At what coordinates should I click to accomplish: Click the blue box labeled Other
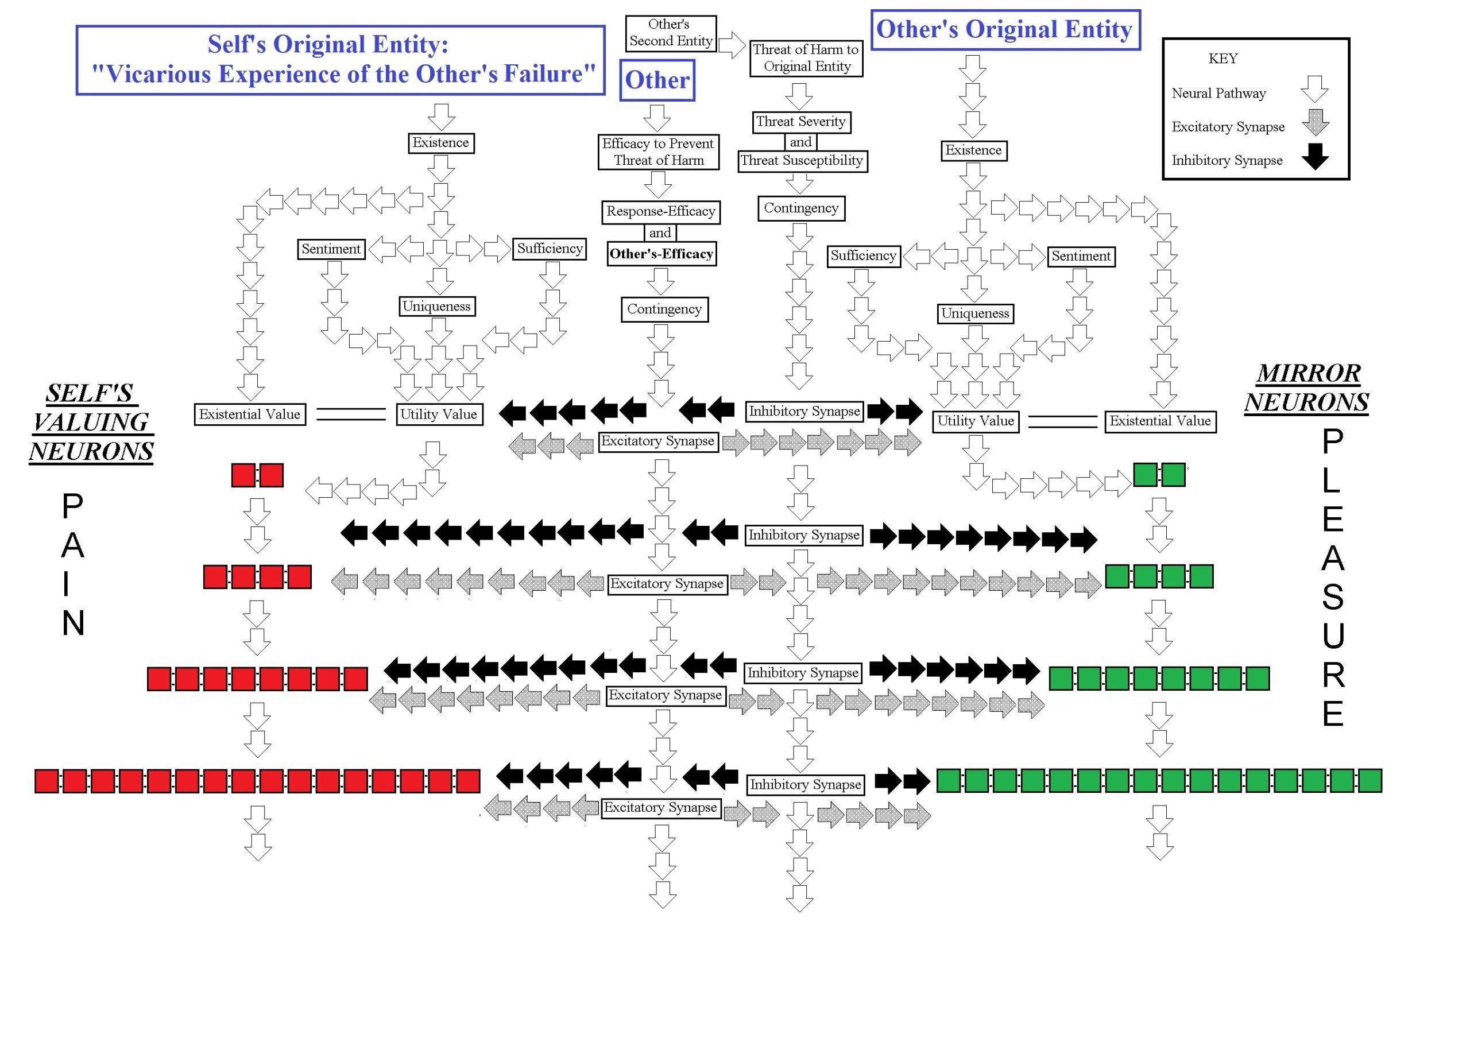click(657, 80)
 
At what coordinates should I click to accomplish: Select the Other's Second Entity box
click(671, 33)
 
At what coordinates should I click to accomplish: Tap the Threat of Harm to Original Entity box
click(806, 58)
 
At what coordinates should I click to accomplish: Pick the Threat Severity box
click(801, 121)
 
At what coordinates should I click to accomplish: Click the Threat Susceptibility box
click(802, 160)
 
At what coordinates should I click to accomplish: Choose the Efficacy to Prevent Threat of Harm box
click(658, 152)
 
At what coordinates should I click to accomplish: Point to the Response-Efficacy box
click(661, 211)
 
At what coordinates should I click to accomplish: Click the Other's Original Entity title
click(1005, 29)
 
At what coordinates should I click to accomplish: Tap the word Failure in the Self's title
click(544, 75)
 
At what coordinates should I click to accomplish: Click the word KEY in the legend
click(1223, 59)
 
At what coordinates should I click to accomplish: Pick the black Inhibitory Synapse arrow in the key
click(1315, 156)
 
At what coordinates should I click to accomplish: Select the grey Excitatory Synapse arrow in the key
click(1315, 122)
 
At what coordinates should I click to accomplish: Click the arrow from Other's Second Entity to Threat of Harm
click(732, 45)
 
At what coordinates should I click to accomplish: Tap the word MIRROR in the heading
click(1308, 373)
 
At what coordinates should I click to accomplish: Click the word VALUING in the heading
click(91, 422)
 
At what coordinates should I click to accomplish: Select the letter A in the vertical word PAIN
click(73, 545)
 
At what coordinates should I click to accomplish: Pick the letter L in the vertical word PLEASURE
click(1332, 480)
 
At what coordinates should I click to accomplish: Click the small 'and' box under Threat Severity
click(800, 142)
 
